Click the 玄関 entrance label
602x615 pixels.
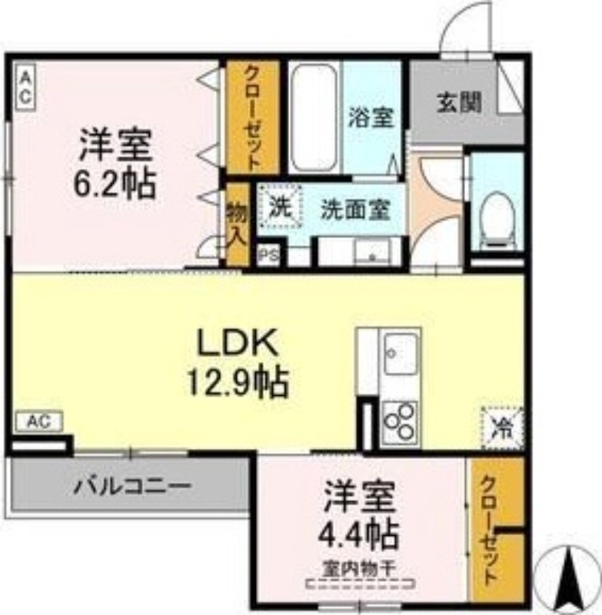(460, 103)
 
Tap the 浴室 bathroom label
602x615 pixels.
(371, 118)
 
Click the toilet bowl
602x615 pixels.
(497, 218)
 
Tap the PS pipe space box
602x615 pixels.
(268, 254)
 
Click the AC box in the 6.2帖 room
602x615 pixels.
(25, 87)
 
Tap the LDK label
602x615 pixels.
(238, 344)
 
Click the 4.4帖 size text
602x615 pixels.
(359, 532)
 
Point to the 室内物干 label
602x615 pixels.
(359, 569)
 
